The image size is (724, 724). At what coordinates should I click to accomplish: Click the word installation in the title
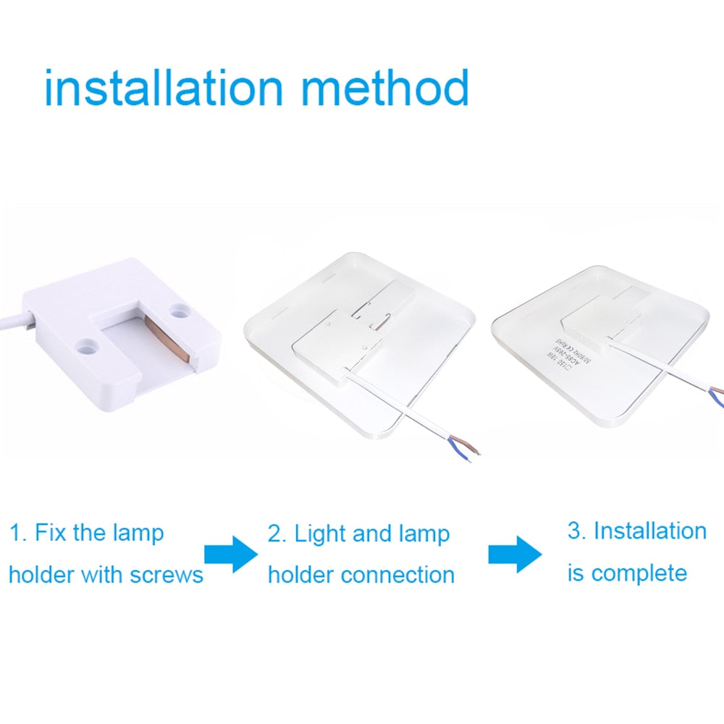[x=164, y=88]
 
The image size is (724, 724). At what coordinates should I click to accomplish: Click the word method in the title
[x=384, y=88]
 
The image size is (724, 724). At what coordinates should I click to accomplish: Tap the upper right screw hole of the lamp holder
[x=178, y=311]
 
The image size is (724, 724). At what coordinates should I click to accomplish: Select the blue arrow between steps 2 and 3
[x=514, y=554]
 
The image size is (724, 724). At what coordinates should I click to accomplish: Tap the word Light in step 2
[x=321, y=535]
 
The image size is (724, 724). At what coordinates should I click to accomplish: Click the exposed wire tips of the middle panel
[x=463, y=450]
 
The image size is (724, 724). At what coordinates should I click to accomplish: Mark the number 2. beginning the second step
[x=277, y=535]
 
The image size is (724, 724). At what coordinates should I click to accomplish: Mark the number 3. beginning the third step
[x=577, y=531]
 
